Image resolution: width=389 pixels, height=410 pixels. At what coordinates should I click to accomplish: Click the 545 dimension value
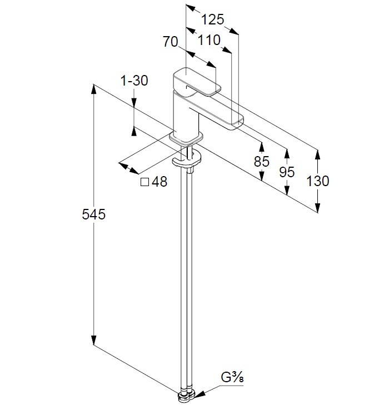coord(93,214)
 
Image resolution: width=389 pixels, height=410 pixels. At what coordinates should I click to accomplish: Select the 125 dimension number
coord(212,20)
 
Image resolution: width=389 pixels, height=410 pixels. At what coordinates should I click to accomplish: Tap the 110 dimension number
coord(209,40)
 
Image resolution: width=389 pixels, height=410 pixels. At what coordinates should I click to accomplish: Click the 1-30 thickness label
coord(134,81)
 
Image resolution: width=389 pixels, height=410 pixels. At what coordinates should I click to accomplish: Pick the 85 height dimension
coord(261,162)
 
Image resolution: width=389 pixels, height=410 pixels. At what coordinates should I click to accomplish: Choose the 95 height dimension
coord(287,172)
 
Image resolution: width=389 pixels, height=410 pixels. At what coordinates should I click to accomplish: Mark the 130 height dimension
coord(317,181)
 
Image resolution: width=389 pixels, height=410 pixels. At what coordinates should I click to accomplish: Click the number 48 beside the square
coord(159,182)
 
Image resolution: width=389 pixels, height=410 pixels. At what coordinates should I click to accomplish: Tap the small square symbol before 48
coord(145,182)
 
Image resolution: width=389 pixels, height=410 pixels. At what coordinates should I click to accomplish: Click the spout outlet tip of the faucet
coord(236,121)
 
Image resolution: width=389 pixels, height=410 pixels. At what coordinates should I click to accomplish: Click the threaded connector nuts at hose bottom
coord(186,396)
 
